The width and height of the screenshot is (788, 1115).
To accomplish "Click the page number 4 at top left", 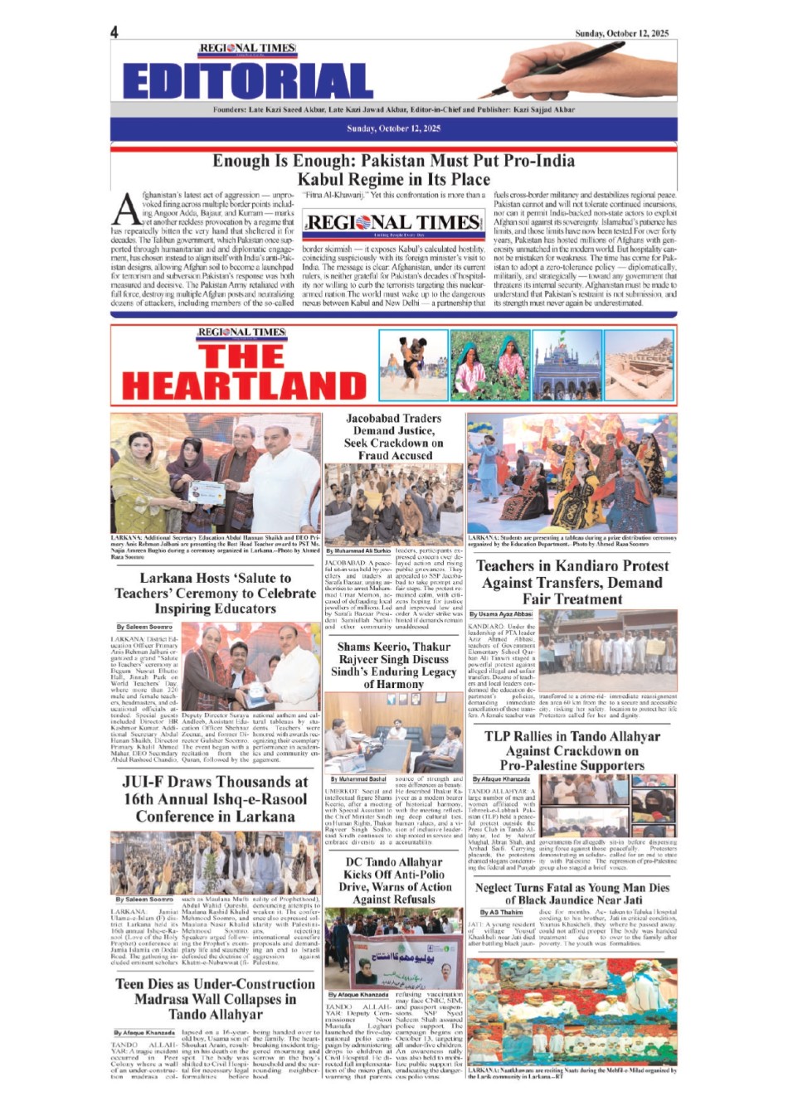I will pyautogui.click(x=114, y=32).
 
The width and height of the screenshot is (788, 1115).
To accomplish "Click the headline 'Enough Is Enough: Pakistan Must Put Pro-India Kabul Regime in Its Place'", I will pyautogui.click(x=393, y=170).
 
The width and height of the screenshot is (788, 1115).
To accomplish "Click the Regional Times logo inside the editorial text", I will pyautogui.click(x=393, y=222).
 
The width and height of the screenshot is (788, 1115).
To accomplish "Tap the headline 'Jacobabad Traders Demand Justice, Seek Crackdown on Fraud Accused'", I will pyautogui.click(x=394, y=437).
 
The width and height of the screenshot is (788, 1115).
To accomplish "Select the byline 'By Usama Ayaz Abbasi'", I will pyautogui.click(x=501, y=614).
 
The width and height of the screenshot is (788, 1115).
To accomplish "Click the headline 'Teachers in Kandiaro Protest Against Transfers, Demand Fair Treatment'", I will pyautogui.click(x=572, y=582).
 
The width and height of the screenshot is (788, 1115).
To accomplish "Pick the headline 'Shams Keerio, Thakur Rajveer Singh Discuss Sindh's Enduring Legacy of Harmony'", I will pyautogui.click(x=394, y=665).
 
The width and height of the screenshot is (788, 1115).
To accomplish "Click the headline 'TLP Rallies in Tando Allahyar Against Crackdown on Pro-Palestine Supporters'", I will pyautogui.click(x=572, y=750).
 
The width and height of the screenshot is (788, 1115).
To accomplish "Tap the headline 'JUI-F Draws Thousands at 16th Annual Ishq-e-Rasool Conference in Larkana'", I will pyautogui.click(x=216, y=799).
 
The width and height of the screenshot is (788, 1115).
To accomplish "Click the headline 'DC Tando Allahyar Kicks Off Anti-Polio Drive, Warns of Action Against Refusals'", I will pyautogui.click(x=394, y=880).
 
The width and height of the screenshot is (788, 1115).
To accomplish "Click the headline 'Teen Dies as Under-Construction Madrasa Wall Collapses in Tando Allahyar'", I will pyautogui.click(x=216, y=999).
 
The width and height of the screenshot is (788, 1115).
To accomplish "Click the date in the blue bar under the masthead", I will pyautogui.click(x=393, y=128).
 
